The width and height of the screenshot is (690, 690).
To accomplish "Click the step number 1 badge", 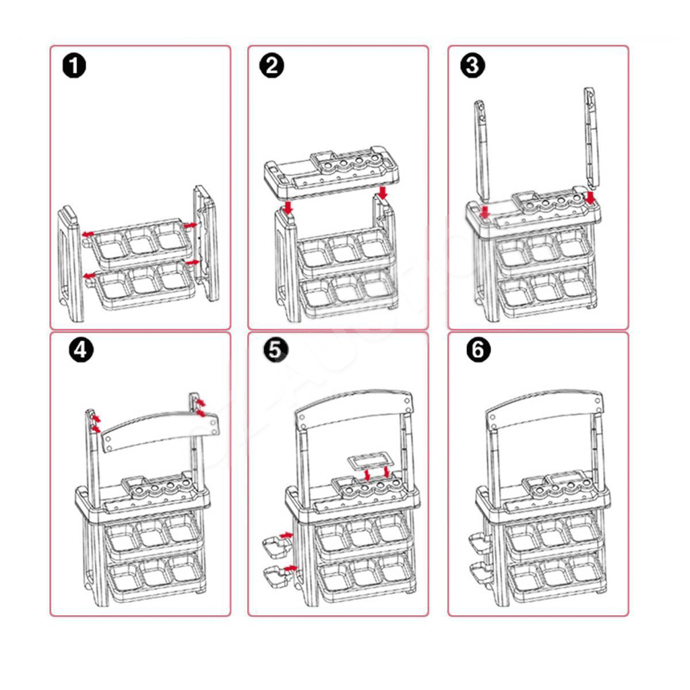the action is coord(74,66).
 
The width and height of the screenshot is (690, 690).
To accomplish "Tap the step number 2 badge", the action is coord(272,66).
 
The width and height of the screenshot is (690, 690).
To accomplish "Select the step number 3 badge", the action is coord(472,66).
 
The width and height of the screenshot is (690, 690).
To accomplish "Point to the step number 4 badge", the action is coord(81,350).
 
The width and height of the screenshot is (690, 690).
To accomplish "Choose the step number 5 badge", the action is coord(276,350).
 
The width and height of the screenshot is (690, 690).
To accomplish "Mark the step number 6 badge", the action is coord(478,350).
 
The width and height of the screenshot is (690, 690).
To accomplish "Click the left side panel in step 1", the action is coord(70,263).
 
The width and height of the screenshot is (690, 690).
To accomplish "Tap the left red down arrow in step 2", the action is coord(288,208).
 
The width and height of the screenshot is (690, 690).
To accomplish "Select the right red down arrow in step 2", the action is coord(383,192).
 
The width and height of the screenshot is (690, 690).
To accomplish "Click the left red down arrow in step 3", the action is coord(485,212).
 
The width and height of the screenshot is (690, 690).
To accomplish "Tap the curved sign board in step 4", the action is coord(159,431).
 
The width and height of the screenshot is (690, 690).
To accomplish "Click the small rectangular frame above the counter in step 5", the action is coord(369,461).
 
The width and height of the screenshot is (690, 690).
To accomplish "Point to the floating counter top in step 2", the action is coord(332,172).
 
